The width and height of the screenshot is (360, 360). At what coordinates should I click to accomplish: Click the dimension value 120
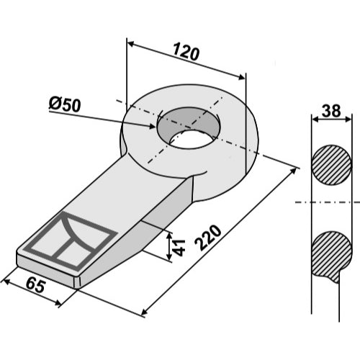186,52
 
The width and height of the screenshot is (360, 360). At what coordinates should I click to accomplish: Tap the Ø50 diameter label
65,104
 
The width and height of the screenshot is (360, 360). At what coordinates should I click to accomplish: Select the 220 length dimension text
208,238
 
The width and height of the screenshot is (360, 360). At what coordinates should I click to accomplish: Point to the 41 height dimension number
179,248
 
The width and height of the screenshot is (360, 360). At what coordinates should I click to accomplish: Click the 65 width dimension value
35,285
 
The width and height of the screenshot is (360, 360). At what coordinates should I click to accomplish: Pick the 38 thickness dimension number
331,111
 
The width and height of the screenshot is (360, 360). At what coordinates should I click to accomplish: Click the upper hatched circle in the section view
331,165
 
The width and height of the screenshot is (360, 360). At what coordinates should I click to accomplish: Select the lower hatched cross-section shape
331,255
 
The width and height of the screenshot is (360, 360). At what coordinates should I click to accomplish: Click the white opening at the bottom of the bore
191,140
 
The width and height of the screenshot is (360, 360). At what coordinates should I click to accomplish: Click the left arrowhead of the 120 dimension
132,44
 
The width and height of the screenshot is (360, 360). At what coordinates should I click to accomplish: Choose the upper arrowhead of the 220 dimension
294,171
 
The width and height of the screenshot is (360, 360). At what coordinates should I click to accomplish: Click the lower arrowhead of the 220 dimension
145,312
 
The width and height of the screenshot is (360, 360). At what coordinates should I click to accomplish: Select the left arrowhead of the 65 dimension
7,282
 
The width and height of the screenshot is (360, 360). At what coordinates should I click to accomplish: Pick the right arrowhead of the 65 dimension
57,302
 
